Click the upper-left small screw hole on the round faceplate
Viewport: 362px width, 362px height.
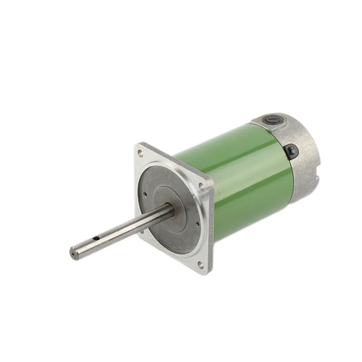coord(146,195)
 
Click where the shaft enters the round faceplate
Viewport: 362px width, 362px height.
coord(172,209)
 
